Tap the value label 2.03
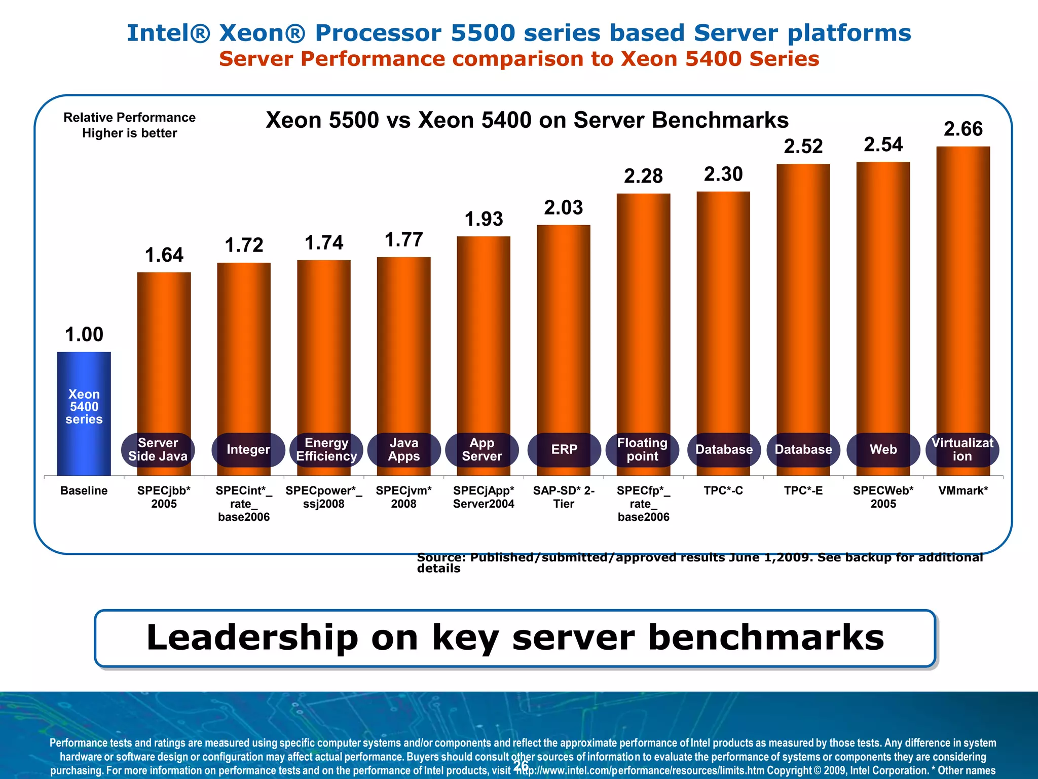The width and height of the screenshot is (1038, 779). (564, 207)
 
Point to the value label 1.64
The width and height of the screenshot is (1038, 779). (164, 255)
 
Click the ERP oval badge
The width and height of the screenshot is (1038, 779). (564, 449)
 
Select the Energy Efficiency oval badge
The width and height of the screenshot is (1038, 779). (326, 449)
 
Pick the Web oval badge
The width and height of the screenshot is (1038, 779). (883, 449)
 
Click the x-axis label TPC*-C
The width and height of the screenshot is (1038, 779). (723, 490)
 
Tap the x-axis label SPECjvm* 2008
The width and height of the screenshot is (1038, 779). (403, 497)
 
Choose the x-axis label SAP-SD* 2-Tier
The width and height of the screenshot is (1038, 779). (564, 497)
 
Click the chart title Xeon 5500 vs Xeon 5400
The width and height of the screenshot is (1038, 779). (527, 120)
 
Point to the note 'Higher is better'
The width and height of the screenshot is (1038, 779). (130, 133)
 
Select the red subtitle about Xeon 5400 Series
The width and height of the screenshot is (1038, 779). (519, 59)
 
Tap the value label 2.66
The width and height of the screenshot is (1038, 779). (963, 129)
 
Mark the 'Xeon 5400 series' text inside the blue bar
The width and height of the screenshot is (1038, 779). (84, 407)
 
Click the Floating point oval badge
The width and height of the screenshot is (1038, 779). (642, 449)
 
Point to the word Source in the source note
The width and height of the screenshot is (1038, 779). (440, 557)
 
